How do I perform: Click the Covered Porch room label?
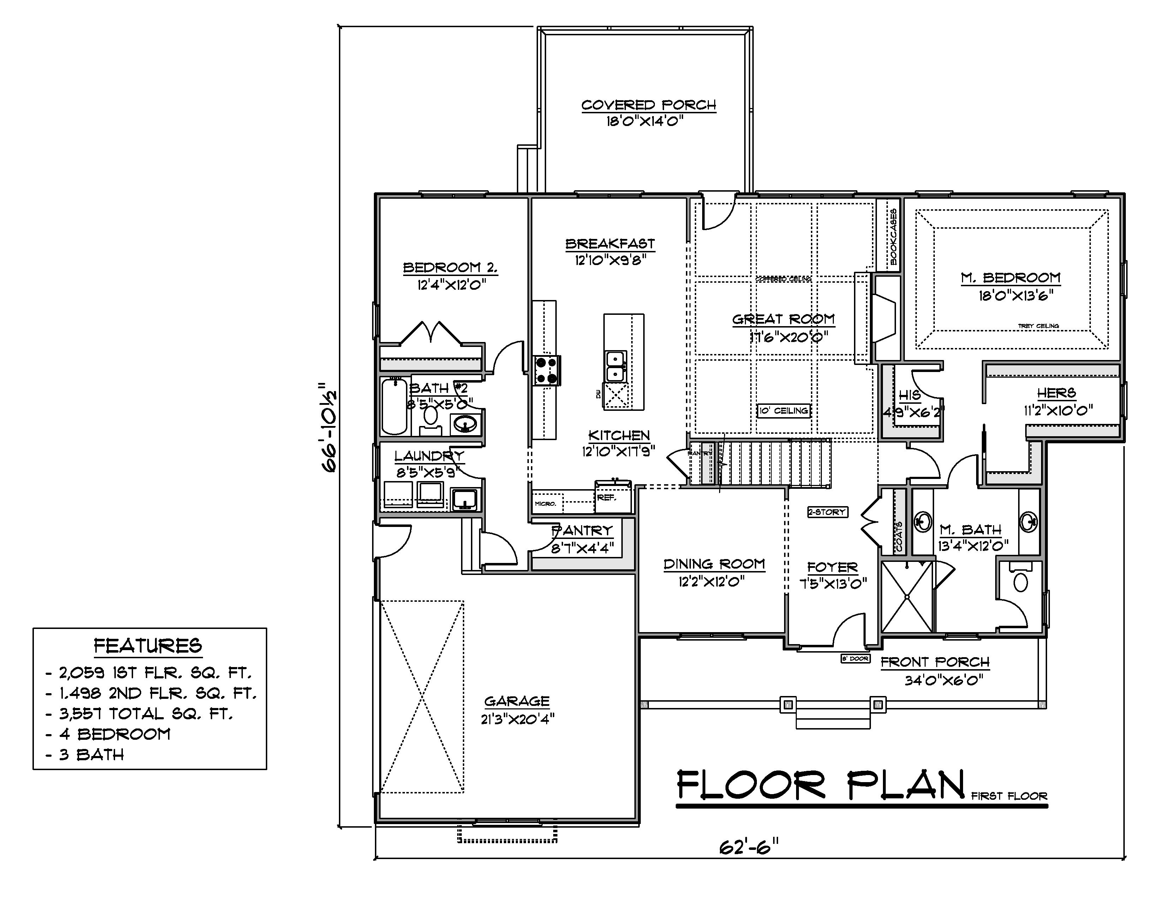648,105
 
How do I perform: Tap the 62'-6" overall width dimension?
748,847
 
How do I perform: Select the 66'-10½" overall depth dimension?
330,427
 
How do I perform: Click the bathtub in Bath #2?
394,406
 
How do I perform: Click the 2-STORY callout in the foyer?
827,512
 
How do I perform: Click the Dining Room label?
714,564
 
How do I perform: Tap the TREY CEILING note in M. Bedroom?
1038,326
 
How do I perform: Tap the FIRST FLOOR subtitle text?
1009,796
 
